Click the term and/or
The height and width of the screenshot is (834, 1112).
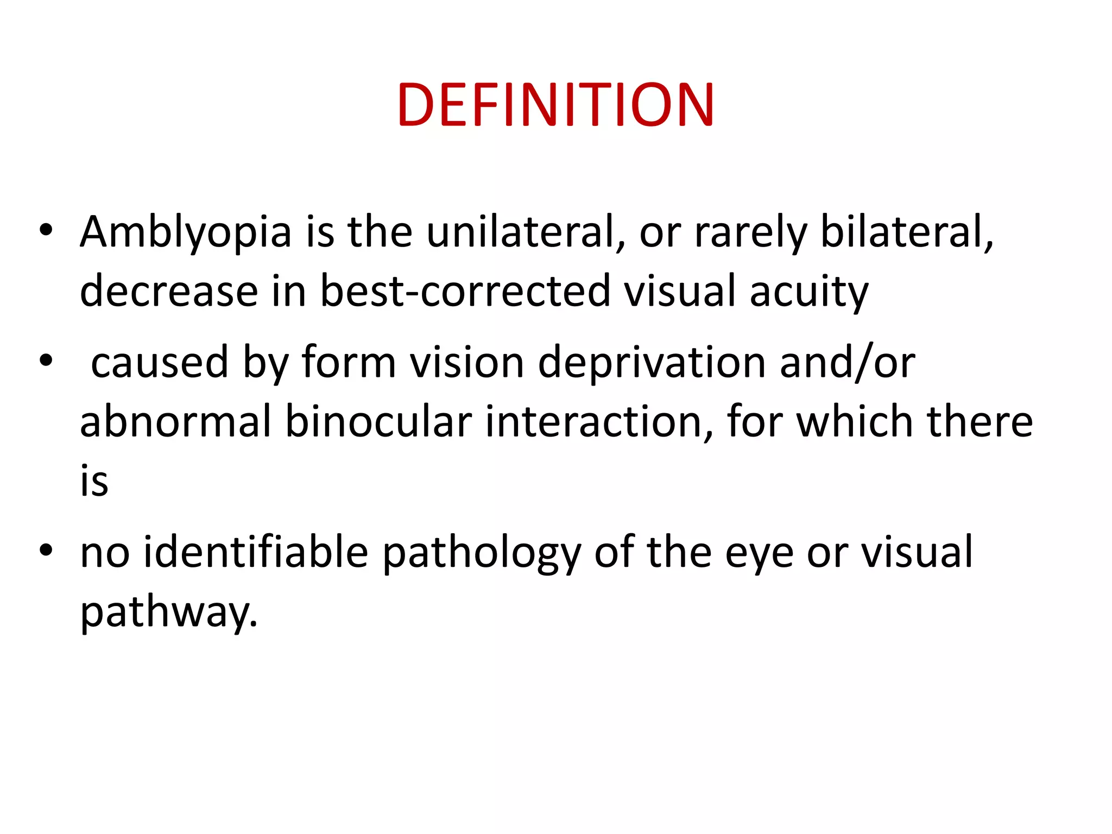click(848, 363)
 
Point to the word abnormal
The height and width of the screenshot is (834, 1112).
click(175, 422)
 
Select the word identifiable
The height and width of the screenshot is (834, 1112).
click(256, 552)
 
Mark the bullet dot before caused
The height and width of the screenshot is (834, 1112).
click(46, 360)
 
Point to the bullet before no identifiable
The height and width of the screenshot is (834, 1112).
click(46, 550)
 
